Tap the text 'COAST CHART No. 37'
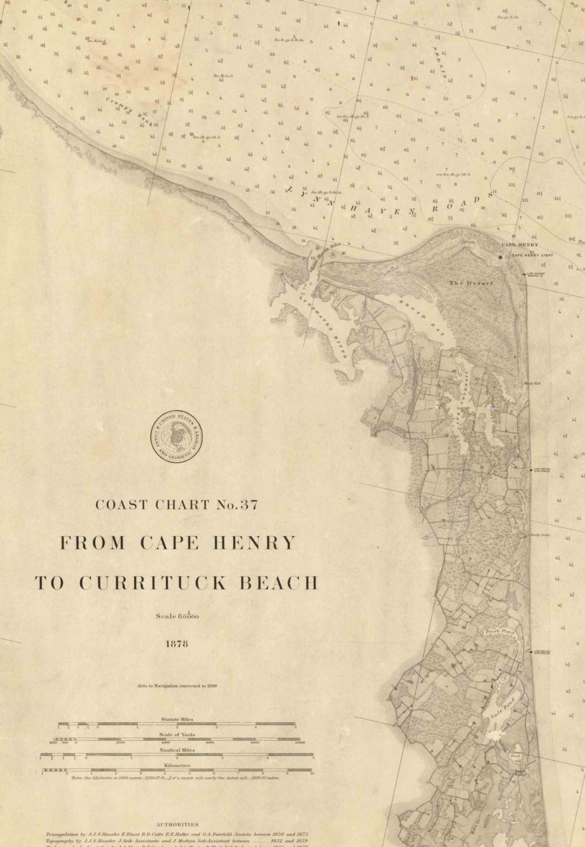tap(177, 505)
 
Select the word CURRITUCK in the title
tap(171, 583)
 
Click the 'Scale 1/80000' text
tap(177, 616)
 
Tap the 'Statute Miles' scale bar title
tap(177, 719)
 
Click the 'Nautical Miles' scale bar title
tap(177, 750)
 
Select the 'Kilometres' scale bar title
tap(177, 765)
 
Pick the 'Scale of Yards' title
tap(177, 734)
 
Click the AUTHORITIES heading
tap(177, 824)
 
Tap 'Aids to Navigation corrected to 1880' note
tap(177, 685)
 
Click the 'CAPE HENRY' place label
tap(520, 245)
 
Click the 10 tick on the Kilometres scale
tap(312, 773)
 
